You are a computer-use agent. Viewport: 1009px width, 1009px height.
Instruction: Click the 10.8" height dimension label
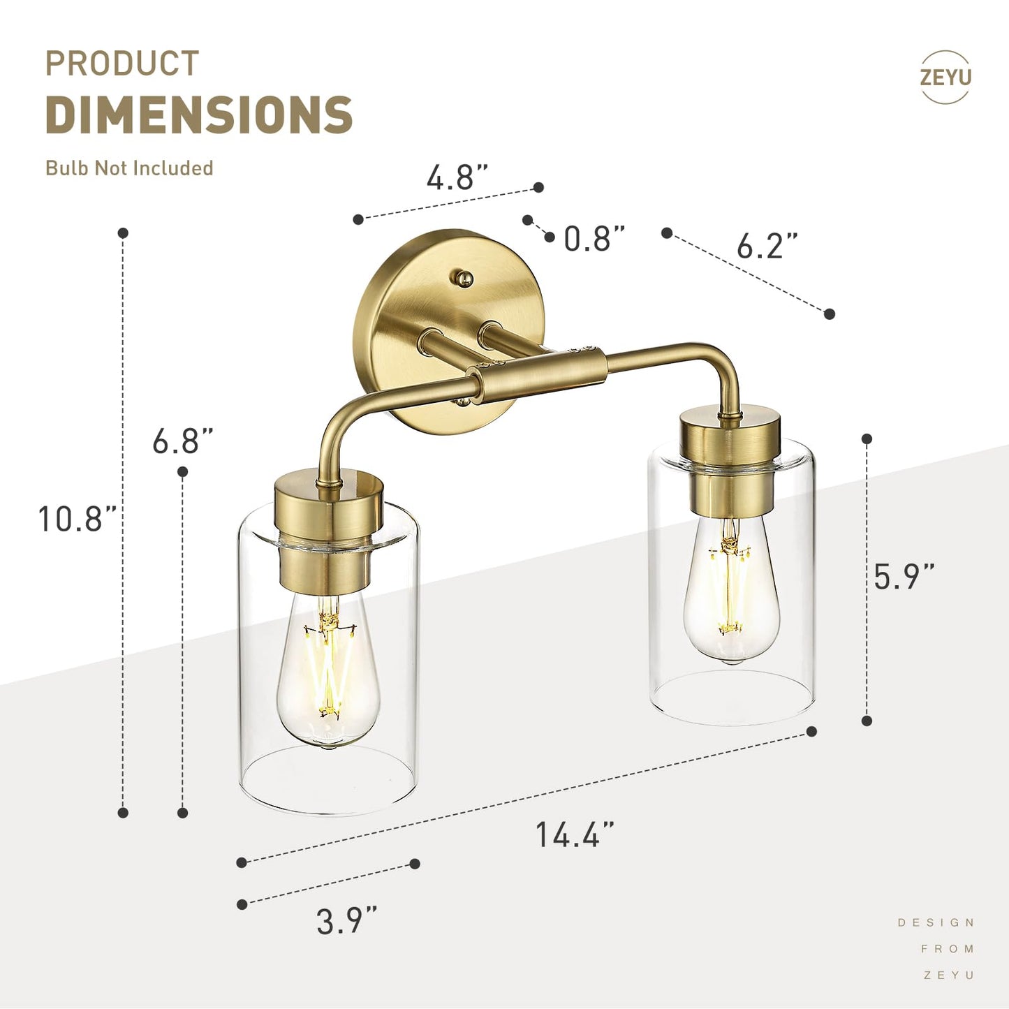[77, 519]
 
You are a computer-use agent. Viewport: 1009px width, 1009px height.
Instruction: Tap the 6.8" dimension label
[182, 441]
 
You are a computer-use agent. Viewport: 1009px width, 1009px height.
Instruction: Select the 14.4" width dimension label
[575, 834]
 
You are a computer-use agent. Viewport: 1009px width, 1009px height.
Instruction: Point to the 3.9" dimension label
[346, 920]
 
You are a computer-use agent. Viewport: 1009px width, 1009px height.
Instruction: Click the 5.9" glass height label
[904, 576]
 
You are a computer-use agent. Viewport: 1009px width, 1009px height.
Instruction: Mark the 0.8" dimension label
[594, 239]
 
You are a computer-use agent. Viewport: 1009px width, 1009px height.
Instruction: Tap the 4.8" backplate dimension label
[457, 177]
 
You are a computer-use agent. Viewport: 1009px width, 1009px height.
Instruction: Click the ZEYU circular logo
[945, 77]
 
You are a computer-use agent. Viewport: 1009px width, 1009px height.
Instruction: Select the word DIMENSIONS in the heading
[199, 115]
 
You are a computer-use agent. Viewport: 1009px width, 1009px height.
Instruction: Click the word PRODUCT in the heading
[122, 64]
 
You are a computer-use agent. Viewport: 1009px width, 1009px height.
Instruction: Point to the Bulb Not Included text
[129, 168]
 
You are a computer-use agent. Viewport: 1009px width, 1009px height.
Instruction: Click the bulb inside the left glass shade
[328, 670]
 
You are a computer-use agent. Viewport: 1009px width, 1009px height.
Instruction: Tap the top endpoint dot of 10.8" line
[123, 233]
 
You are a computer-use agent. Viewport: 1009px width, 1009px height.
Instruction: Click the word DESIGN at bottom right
[936, 922]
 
